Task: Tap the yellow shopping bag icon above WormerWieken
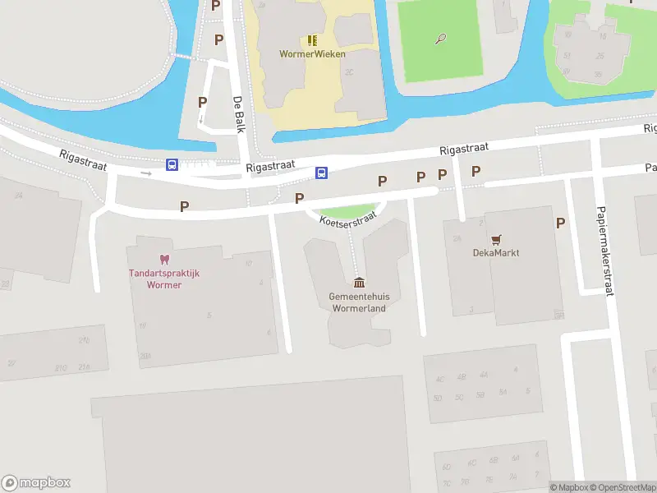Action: [312, 39]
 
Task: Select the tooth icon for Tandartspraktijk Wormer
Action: [163, 260]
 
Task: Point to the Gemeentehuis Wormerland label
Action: [358, 302]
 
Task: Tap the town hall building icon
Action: [359, 283]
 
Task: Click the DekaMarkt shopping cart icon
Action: [496, 239]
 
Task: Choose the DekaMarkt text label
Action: [496, 253]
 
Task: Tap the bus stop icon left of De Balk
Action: [172, 165]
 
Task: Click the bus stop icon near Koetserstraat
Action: [323, 173]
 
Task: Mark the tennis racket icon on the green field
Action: [441, 38]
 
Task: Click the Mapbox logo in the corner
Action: [36, 483]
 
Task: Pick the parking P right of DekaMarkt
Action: [560, 223]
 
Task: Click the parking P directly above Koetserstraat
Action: [382, 181]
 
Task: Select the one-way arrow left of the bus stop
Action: [146, 173]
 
